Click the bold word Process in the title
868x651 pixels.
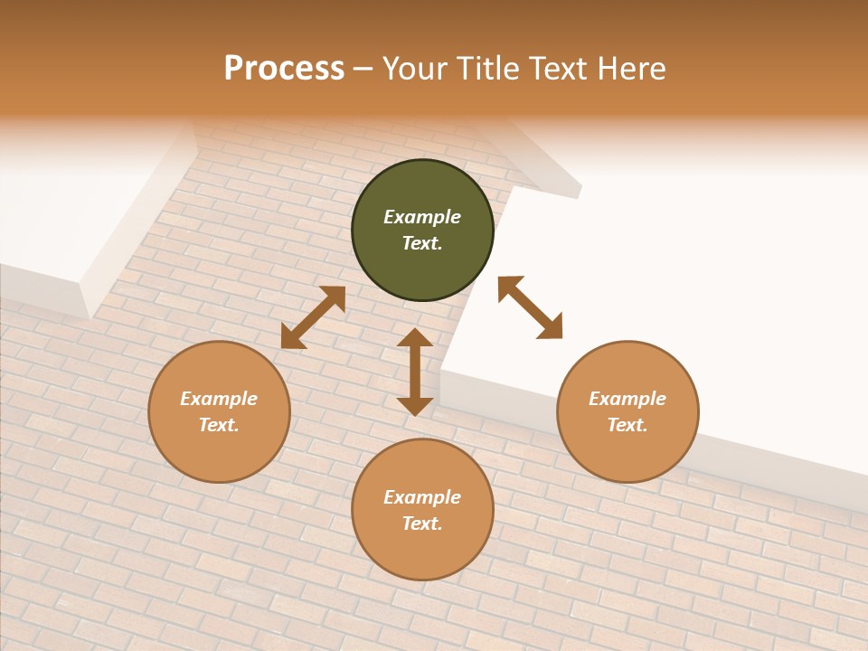click(x=284, y=69)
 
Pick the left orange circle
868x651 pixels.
click(x=219, y=452)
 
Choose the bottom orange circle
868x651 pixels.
click(x=422, y=552)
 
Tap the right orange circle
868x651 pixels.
click(x=627, y=452)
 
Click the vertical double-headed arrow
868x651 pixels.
click(x=415, y=372)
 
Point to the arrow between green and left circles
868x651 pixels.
click(x=313, y=317)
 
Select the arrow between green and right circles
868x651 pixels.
click(x=530, y=307)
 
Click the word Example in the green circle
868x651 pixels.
click(x=422, y=217)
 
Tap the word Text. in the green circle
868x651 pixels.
click(x=422, y=243)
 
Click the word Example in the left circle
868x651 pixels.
click(x=219, y=399)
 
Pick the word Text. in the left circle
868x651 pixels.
click(x=219, y=425)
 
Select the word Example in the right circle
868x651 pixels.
click(x=627, y=399)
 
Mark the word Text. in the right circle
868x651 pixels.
click(x=627, y=425)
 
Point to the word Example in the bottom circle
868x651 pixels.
click(x=422, y=497)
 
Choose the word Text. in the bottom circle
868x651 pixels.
click(x=422, y=524)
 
